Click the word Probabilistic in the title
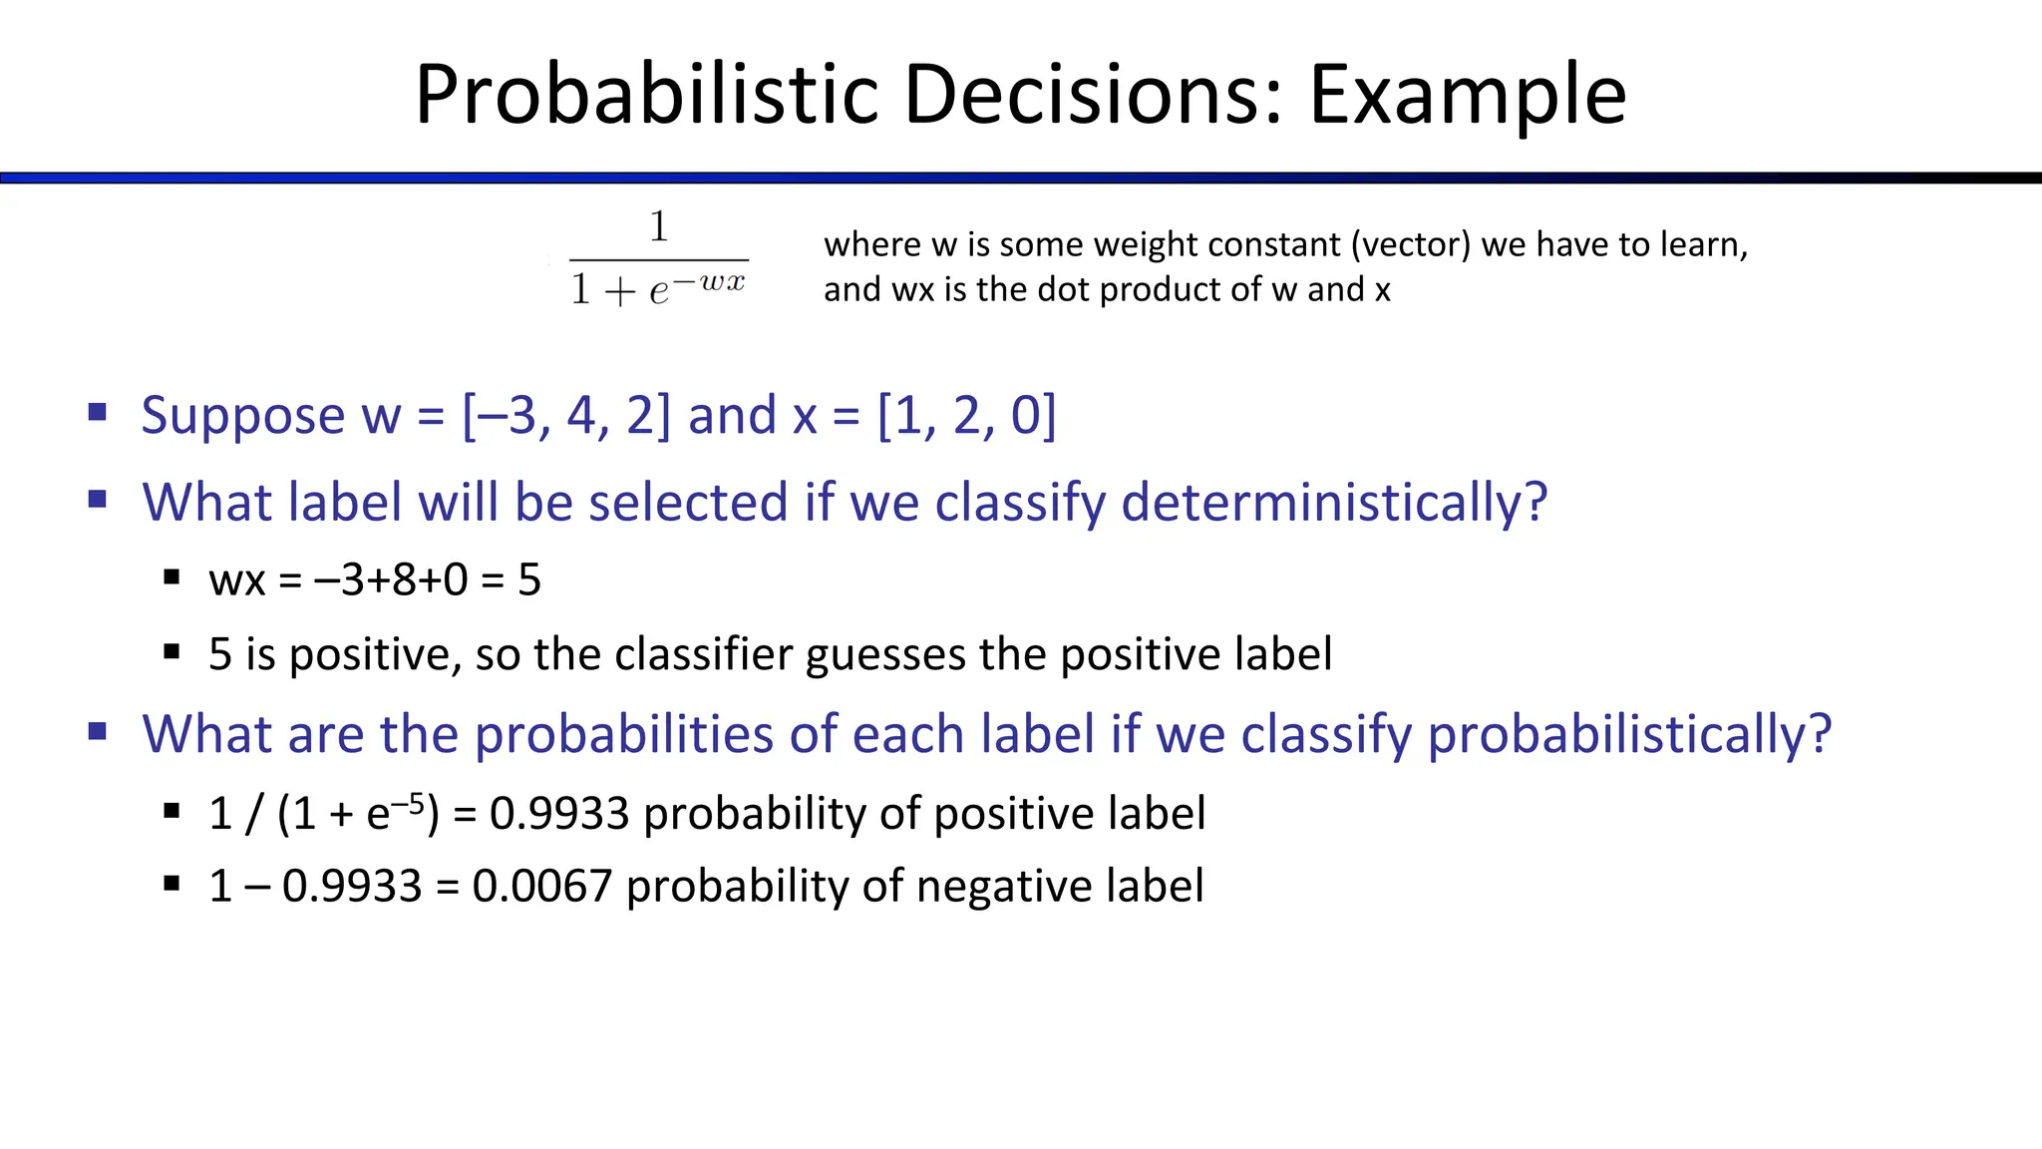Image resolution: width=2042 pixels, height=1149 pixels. pos(647,95)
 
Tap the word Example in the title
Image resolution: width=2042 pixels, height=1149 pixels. pos(1467,95)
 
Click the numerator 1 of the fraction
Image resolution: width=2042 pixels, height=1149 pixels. pos(658,227)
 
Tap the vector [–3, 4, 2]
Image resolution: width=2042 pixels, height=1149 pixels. pos(566,415)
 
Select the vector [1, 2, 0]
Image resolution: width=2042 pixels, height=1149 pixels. pos(966,415)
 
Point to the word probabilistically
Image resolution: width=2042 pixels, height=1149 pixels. pos(1629,734)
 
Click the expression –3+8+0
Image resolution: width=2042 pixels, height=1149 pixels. pos(391,579)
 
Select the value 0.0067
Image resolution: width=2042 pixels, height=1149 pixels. pos(541,886)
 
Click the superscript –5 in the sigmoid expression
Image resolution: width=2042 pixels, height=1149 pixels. pos(410,803)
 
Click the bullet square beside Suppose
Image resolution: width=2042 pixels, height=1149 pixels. pos(97,412)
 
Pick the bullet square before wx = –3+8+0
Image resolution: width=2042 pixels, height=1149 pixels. pos(171,576)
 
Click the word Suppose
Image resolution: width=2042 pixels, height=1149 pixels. pos(242,415)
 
